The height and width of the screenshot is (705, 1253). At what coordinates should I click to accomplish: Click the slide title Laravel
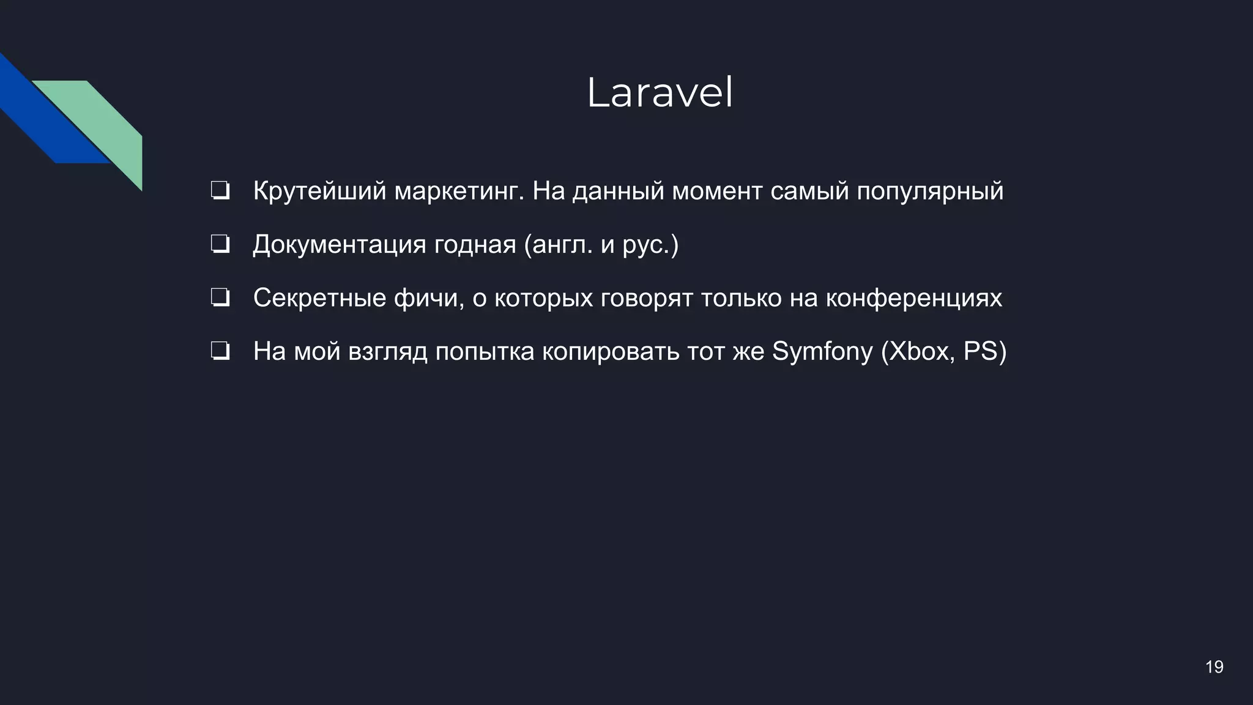(x=660, y=94)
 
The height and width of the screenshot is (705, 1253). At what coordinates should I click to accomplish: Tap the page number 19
(x=1214, y=666)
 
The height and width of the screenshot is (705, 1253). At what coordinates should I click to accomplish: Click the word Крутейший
(x=319, y=192)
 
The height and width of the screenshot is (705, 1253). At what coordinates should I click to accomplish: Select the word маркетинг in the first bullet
(x=459, y=192)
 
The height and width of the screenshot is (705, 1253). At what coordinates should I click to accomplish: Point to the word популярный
(x=929, y=192)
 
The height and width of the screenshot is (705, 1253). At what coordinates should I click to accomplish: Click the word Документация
(x=339, y=245)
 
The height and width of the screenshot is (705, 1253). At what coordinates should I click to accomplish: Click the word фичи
(x=428, y=298)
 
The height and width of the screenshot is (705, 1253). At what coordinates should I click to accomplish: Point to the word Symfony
(x=822, y=352)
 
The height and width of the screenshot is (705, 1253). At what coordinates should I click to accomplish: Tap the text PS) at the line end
(x=984, y=352)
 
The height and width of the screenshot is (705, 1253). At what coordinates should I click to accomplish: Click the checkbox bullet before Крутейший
(x=220, y=191)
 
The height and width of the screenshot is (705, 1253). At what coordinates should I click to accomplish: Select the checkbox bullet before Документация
(x=220, y=245)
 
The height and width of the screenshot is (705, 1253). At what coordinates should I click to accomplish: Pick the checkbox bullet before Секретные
(x=220, y=298)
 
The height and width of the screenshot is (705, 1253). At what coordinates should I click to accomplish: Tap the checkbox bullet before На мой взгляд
(x=220, y=351)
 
